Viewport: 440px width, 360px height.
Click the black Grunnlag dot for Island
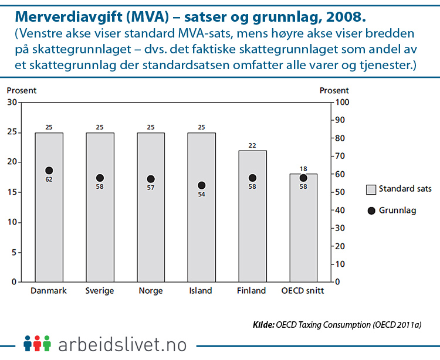[202, 185]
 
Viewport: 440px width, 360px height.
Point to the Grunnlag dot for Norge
[151, 179]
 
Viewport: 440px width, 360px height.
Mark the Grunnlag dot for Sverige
[100, 178]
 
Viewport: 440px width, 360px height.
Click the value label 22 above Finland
[252, 145]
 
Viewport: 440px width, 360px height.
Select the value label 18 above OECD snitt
[303, 169]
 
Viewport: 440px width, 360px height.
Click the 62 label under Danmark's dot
[49, 179]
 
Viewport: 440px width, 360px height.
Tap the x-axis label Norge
[151, 291]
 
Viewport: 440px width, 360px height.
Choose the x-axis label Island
[201, 291]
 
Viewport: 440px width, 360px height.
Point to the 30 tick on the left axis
[12, 103]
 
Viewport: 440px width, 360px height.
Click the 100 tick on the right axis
[341, 103]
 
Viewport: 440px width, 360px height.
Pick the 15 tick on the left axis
[12, 192]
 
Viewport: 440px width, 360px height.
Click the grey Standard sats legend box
[370, 189]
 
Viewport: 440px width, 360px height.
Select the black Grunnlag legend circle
[370, 210]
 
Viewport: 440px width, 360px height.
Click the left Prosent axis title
[22, 90]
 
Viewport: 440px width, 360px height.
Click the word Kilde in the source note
[263, 324]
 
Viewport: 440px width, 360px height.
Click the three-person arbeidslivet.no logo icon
[37, 343]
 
